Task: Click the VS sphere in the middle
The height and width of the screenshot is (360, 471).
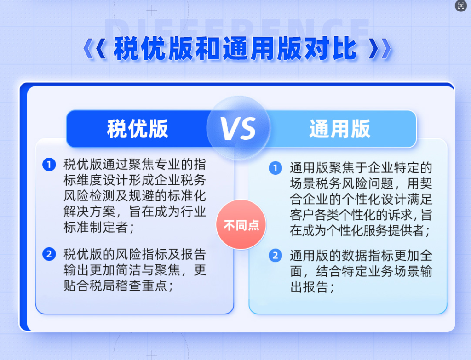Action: pyautogui.click(x=238, y=128)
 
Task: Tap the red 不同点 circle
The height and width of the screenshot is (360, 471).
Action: pyautogui.click(x=241, y=224)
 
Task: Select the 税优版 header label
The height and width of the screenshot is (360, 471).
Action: pyautogui.click(x=138, y=129)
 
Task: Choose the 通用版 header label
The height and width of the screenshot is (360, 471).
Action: pyautogui.click(x=340, y=129)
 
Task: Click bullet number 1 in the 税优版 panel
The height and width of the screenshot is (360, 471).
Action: pyautogui.click(x=49, y=165)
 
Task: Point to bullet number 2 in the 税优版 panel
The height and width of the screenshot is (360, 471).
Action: pyautogui.click(x=49, y=254)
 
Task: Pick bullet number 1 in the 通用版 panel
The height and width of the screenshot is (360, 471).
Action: pyautogui.click(x=275, y=168)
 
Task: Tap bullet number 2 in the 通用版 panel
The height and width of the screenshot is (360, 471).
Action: pyautogui.click(x=275, y=256)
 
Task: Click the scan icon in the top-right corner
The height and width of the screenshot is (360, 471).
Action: pyautogui.click(x=461, y=6)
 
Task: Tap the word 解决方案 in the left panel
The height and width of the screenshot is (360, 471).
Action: pyautogui.click(x=90, y=211)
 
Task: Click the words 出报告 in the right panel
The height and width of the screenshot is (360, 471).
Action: pyautogui.click(x=309, y=287)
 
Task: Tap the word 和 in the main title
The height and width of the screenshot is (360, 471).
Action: pyautogui.click(x=208, y=48)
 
